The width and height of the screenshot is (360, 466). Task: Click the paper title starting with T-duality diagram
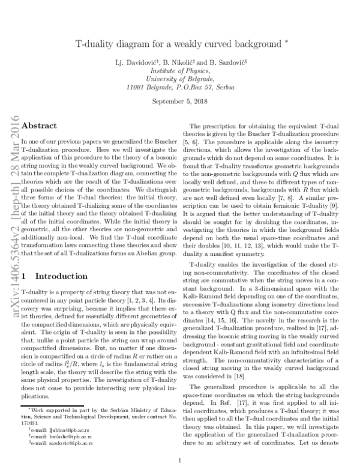click(178, 44)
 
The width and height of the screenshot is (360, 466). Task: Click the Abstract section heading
click(39, 126)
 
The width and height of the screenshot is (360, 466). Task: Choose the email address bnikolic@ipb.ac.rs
click(56, 419)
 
